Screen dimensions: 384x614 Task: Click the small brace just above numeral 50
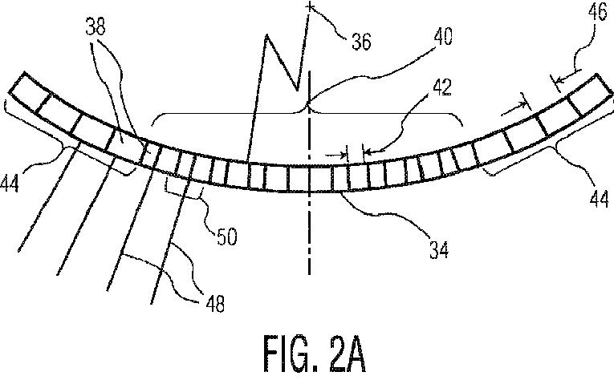click(x=182, y=187)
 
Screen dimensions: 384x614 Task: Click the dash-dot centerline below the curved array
click(x=309, y=241)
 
